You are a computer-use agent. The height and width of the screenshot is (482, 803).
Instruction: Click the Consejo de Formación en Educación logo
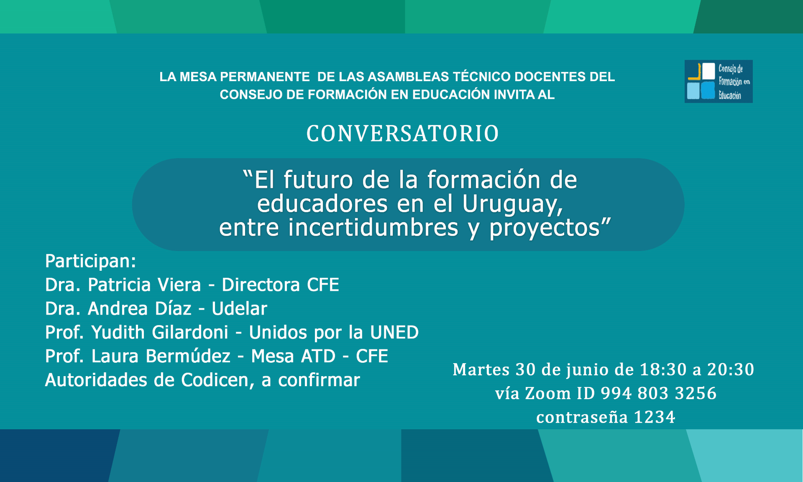pyautogui.click(x=719, y=81)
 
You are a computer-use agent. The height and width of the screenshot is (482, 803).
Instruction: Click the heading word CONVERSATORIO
pyautogui.click(x=402, y=134)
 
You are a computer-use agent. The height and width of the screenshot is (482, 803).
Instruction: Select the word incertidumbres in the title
pyautogui.click(x=373, y=228)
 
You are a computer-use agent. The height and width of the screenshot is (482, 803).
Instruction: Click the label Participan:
pyautogui.click(x=90, y=262)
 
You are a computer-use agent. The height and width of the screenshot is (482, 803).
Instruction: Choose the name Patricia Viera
pyautogui.click(x=144, y=285)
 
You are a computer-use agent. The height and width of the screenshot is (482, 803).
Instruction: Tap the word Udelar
pyautogui.click(x=239, y=309)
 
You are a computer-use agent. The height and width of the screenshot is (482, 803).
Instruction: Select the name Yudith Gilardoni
pyautogui.click(x=160, y=333)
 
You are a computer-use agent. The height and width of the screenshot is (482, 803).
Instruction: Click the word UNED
pyautogui.click(x=394, y=333)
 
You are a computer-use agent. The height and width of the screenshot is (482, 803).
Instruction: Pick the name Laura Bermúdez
pyautogui.click(x=161, y=356)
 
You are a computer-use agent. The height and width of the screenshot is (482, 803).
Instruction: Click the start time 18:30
pyautogui.click(x=663, y=370)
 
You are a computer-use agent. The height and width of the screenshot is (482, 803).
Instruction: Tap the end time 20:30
pyautogui.click(x=731, y=370)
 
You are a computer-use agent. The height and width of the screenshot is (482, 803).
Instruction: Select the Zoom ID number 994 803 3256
pyautogui.click(x=659, y=394)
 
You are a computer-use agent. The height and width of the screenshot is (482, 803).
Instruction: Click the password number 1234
pyautogui.click(x=655, y=418)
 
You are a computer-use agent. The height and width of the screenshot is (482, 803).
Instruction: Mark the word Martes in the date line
pyautogui.click(x=481, y=370)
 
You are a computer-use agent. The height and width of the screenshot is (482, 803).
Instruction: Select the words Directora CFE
pyautogui.click(x=280, y=285)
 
